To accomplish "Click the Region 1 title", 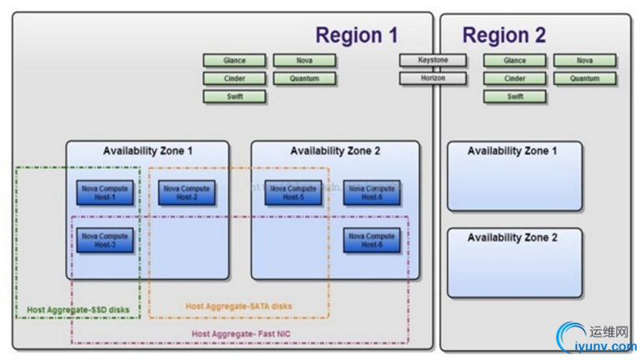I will tap(356, 36).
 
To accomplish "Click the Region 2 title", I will tap(504, 36).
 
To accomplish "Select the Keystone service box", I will tap(433, 61).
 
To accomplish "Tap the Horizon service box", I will tap(433, 78).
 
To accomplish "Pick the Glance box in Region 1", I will tap(235, 61).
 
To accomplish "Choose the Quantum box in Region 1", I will tap(304, 79).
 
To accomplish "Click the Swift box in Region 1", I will tap(235, 97).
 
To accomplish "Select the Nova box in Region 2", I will tap(584, 61).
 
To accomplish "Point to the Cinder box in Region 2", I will tap(514, 79).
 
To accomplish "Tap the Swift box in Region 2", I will tap(514, 97).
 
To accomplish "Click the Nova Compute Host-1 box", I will tap(105, 192).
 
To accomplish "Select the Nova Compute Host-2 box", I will tap(187, 192).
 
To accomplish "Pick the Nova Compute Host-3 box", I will tap(105, 240).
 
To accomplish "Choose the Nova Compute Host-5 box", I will tap(293, 192).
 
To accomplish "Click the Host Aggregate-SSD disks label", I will tap(78, 310).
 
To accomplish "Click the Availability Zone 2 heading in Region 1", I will tap(335, 151).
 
